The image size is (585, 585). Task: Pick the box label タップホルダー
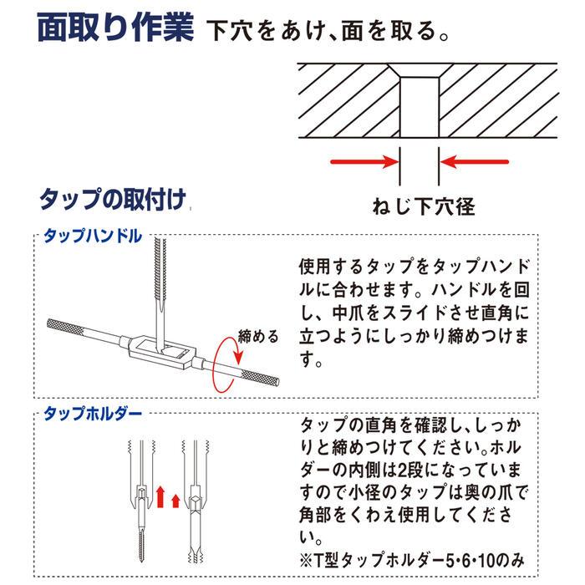(92, 415)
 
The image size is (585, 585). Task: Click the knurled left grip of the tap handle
(69, 327)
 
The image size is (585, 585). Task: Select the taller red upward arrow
(160, 494)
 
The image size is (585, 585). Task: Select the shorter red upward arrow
(175, 500)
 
